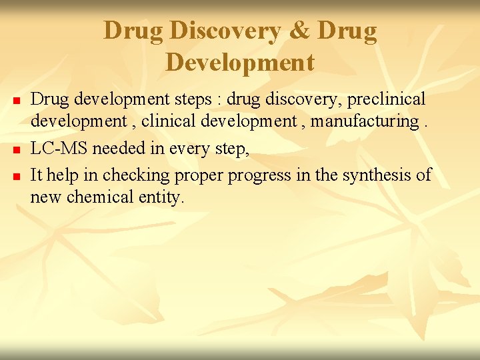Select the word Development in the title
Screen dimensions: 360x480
coord(240,62)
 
